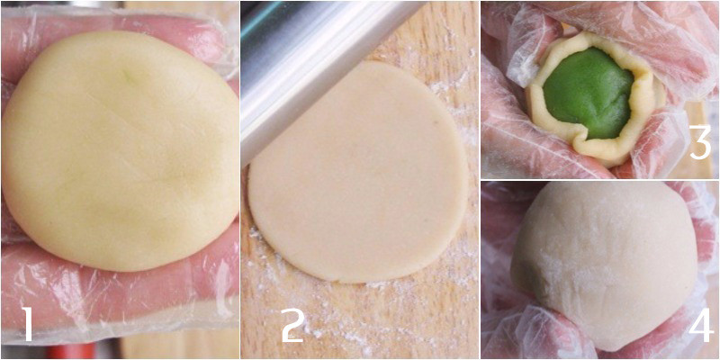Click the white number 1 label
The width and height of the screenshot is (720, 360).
pos(27,323)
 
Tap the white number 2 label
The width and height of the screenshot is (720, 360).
pos(292,324)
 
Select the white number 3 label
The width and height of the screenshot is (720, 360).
pos(699,143)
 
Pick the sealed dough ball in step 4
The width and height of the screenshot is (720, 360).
pos(603,261)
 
